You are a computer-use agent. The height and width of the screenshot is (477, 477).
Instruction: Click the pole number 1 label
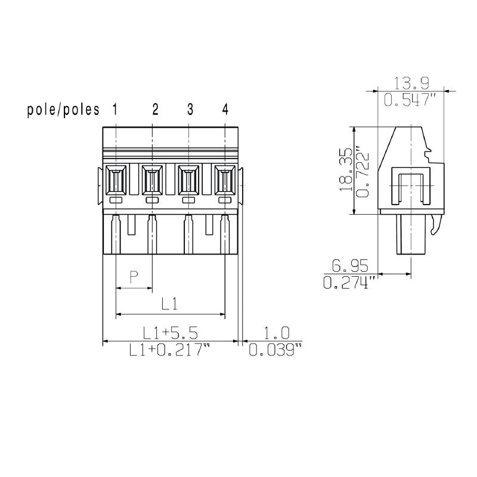[114, 109]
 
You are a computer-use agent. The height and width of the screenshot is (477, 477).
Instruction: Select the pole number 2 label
[155, 109]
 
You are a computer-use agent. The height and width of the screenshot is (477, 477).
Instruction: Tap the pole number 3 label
[190, 109]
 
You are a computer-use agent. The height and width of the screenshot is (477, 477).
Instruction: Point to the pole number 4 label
[225, 109]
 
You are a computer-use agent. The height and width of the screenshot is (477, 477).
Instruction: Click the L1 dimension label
[170, 303]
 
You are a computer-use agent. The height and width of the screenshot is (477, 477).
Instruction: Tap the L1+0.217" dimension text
[170, 351]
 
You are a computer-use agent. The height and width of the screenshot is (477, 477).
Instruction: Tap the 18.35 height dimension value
[345, 170]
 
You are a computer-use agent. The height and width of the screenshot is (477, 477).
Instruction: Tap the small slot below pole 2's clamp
[152, 201]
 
